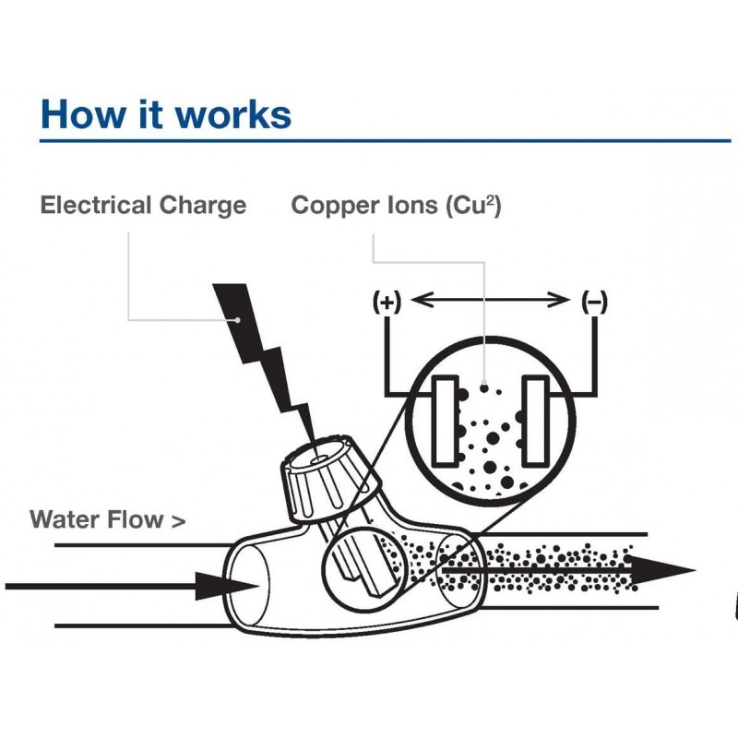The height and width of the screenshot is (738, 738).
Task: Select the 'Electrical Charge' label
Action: tap(143, 205)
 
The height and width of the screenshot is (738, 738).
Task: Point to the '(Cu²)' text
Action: tap(473, 205)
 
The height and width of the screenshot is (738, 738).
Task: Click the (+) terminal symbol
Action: tap(387, 302)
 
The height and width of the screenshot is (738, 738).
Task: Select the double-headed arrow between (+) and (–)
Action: tap(490, 300)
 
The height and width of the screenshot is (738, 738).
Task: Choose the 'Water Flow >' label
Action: tap(107, 519)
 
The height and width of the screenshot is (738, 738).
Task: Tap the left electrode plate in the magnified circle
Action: tap(446, 420)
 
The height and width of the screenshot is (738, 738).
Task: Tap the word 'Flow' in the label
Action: tap(136, 519)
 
